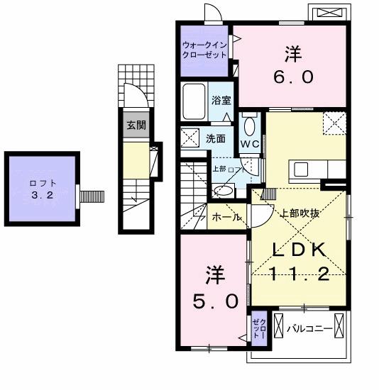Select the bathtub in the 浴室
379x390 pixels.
194,102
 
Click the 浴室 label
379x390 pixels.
221,101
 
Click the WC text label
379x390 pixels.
248,143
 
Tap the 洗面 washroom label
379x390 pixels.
216,138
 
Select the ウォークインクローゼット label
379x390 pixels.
204,50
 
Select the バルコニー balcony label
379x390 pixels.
309,329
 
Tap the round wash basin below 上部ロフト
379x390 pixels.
224,189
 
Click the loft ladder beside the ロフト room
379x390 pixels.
91,194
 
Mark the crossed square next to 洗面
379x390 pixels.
189,137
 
